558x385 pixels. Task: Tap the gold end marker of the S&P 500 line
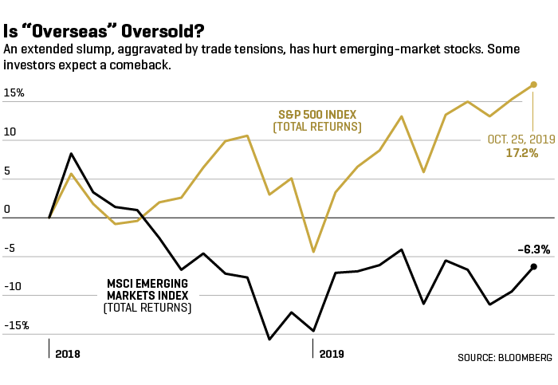coord(533,84)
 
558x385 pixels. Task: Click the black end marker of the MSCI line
coord(533,266)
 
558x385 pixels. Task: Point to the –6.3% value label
coord(533,249)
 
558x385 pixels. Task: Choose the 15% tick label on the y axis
coord(14,93)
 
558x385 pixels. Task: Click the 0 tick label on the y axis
coord(6,210)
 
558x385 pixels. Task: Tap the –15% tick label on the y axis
coord(15,325)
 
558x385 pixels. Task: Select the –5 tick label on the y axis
coord(10,248)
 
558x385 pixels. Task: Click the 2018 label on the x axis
coord(68,352)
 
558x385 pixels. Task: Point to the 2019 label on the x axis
coord(332,352)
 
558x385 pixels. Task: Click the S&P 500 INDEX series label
coord(316,114)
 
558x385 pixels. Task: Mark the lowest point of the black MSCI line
coord(269,340)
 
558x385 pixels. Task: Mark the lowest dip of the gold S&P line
coord(313,252)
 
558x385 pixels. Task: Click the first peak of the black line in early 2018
coord(72,153)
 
